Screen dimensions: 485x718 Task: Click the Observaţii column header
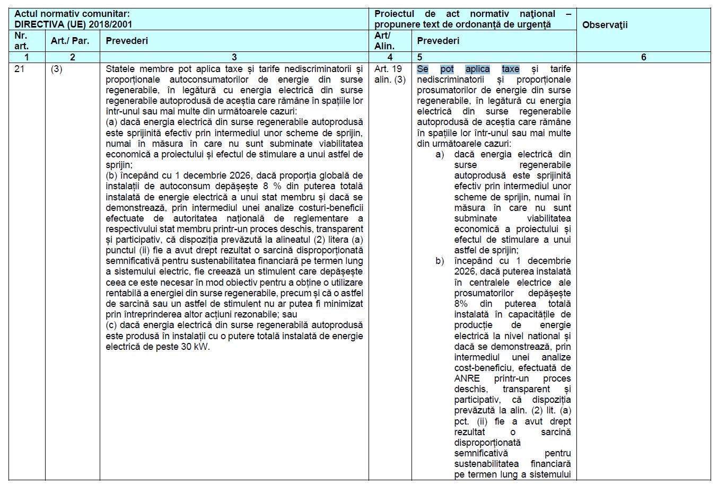[x=605, y=24]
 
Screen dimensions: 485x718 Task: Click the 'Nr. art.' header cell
[x=21, y=41]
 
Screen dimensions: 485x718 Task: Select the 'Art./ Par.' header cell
[x=70, y=41]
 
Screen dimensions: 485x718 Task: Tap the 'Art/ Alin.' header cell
[x=384, y=41]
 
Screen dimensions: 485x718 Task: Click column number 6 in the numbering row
[x=643, y=57]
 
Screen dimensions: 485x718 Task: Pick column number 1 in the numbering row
[x=27, y=57]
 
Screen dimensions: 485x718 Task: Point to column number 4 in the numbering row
[x=390, y=57]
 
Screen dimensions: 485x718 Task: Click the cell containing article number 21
[x=20, y=69]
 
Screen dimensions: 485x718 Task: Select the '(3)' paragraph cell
[x=57, y=69]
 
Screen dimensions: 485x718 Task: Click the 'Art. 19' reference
[x=388, y=69]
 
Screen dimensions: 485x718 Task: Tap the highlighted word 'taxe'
[x=511, y=69]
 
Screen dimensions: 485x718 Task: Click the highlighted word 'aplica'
[x=478, y=69]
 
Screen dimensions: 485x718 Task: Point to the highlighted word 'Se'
[x=423, y=69]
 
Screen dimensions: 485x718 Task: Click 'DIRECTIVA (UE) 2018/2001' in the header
[x=73, y=24]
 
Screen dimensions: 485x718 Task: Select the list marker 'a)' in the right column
[x=440, y=154]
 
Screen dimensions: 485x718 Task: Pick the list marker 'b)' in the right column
[x=440, y=261]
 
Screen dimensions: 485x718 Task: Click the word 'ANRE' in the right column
[x=467, y=378]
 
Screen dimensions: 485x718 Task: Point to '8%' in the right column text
[x=461, y=304]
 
